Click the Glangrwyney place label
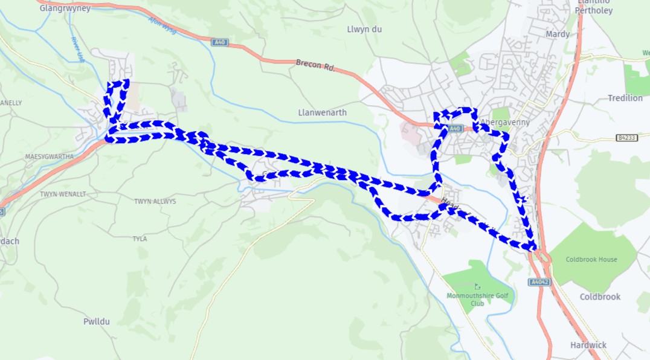click(65, 8)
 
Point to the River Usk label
click(77, 49)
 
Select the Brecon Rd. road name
click(315, 65)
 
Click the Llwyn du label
click(364, 29)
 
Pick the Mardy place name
click(557, 34)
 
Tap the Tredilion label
click(625, 98)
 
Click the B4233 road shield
click(627, 138)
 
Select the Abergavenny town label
click(505, 122)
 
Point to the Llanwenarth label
click(323, 112)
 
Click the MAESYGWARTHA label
click(49, 156)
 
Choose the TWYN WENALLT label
click(63, 194)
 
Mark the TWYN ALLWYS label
click(155, 201)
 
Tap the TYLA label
click(140, 239)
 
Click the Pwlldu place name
click(97, 321)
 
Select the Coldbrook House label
click(591, 260)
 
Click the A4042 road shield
click(539, 282)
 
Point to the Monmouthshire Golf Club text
click(477, 299)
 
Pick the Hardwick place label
click(588, 345)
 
